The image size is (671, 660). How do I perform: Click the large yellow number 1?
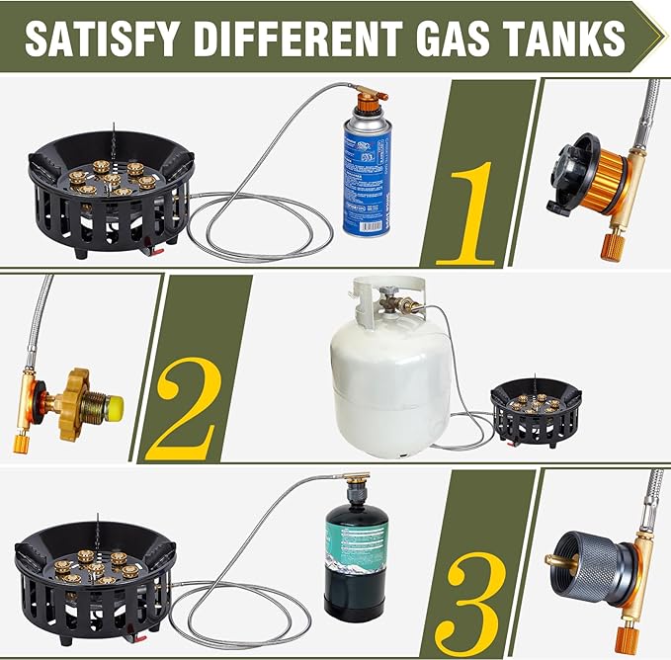tap(472, 213)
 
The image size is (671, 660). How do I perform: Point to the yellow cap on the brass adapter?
tap(114, 406)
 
